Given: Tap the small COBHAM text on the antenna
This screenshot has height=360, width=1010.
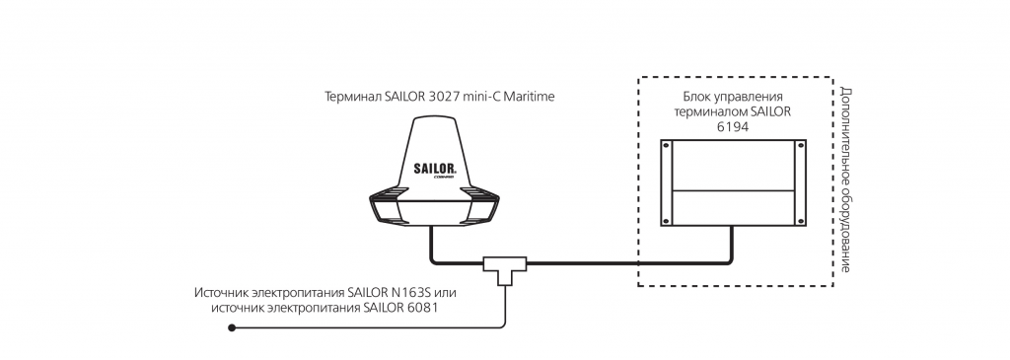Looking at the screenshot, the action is [445, 178].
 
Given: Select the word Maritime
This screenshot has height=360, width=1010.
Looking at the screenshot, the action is [531, 98].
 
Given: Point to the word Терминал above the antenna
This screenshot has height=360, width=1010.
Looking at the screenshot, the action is [354, 98].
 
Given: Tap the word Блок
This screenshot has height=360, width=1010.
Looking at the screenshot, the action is [695, 98].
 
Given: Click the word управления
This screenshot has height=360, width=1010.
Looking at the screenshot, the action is [748, 98].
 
